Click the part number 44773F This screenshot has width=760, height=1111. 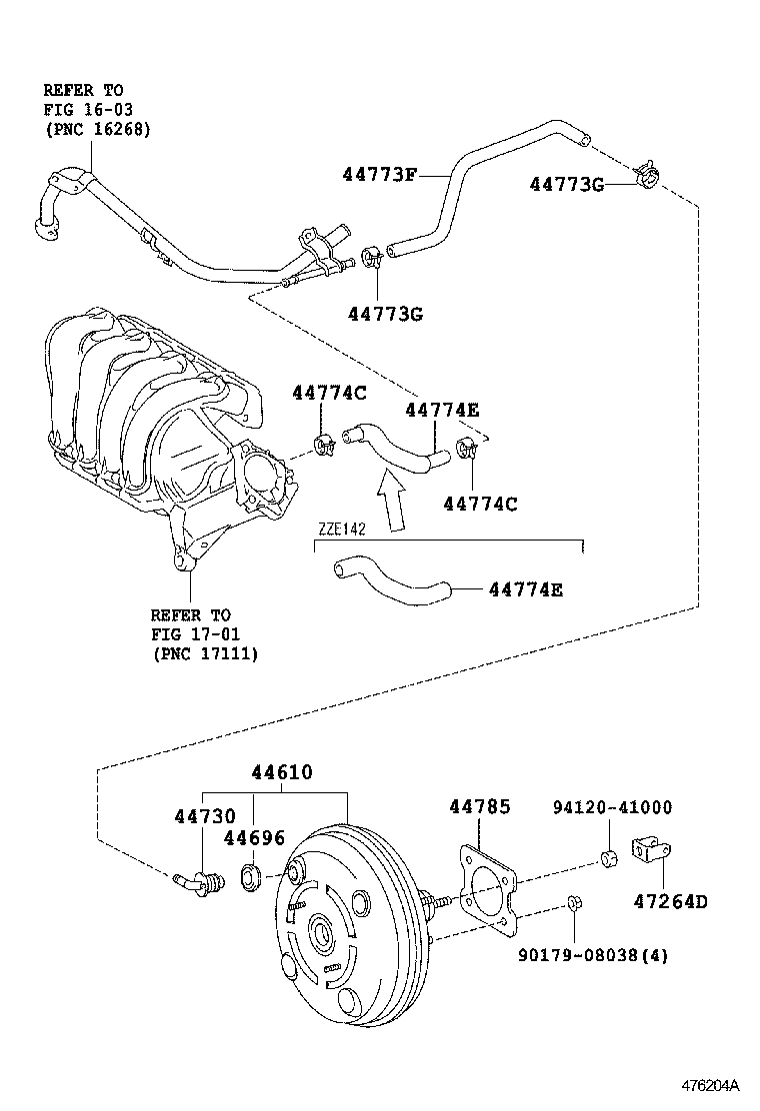click(x=379, y=174)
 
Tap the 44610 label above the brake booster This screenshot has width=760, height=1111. click(x=282, y=772)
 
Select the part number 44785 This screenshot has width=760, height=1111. click(x=480, y=806)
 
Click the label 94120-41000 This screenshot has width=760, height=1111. click(x=613, y=807)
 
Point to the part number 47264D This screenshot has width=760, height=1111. click(x=669, y=901)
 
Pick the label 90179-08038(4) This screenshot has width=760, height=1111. click(x=593, y=955)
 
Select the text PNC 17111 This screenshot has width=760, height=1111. click(x=205, y=653)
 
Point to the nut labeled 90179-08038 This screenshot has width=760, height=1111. click(x=574, y=904)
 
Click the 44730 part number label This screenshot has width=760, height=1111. click(x=205, y=816)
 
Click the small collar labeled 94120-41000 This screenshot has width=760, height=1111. click(x=606, y=857)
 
